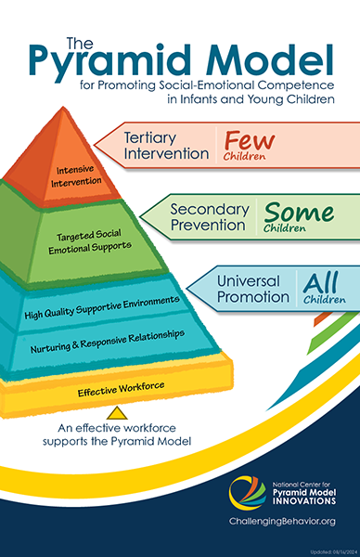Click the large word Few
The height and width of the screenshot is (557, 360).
tap(244, 140)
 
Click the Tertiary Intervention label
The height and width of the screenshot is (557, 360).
tap(166, 146)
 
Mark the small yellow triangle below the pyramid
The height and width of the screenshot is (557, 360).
tap(116, 412)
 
